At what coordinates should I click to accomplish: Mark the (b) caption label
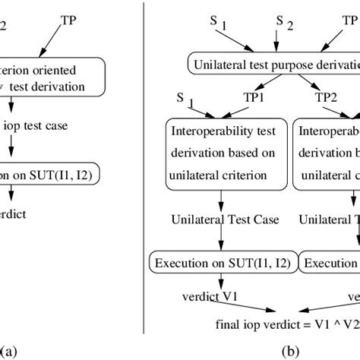[290, 351]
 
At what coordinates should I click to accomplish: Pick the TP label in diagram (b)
[349, 22]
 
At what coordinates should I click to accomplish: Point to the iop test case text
[38, 126]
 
